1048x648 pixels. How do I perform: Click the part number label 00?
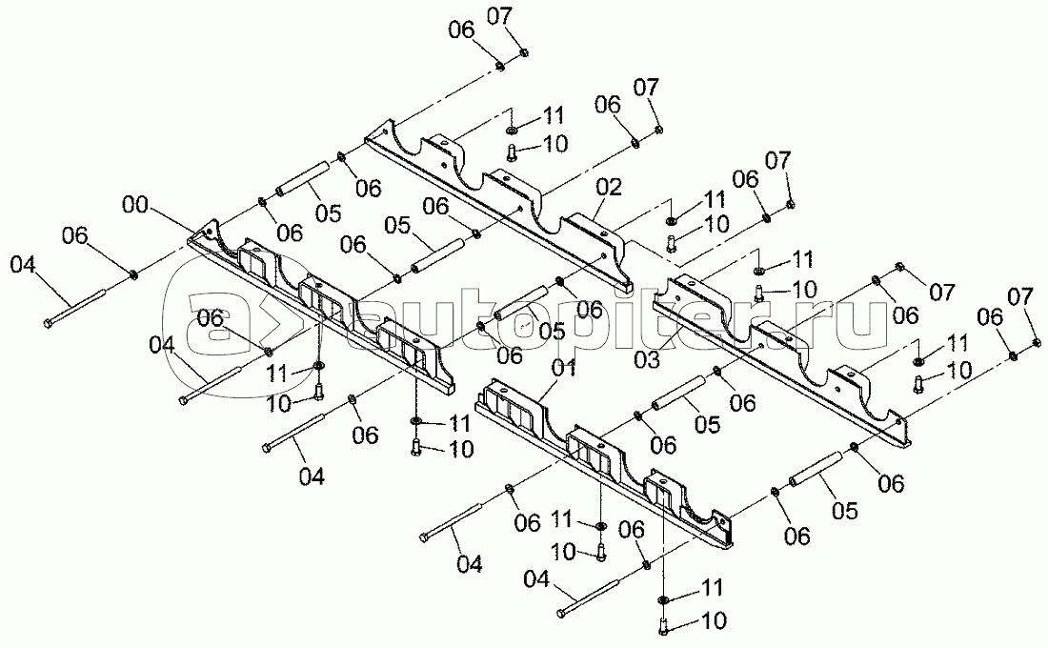click(x=134, y=204)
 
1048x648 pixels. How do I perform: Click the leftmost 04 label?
click(x=28, y=263)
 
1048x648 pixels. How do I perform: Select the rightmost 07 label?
click(x=1020, y=298)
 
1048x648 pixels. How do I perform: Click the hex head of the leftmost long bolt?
click(x=48, y=325)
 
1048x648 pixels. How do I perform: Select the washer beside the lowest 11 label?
click(x=663, y=598)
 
